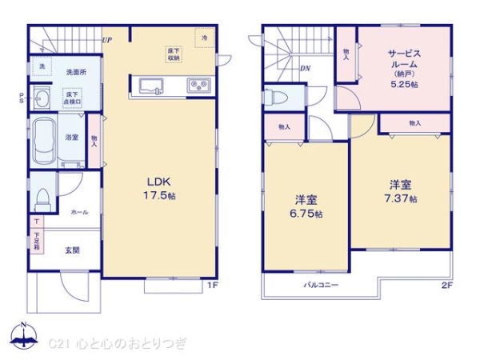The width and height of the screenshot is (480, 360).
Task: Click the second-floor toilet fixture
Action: point(274,97)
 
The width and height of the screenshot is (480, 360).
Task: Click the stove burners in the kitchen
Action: point(198,84)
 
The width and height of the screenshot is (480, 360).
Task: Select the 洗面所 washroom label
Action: point(76,71)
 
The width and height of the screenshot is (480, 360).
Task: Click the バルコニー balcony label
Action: point(320,286)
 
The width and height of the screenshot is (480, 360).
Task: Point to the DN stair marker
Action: point(304,68)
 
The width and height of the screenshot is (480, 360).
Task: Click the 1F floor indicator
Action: point(213,284)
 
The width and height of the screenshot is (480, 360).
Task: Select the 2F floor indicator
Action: point(446,285)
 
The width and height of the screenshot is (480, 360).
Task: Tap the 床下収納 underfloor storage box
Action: point(174,54)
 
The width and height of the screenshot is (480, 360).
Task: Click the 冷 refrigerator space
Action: point(205,38)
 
